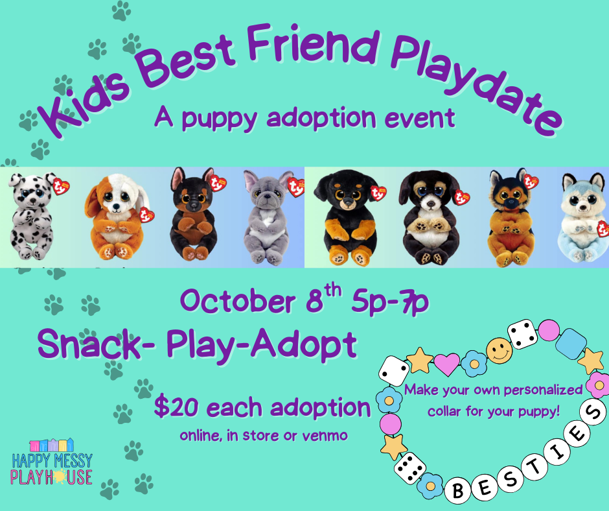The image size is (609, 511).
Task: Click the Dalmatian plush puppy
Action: [x=31, y=216]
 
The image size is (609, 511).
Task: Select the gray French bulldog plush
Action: [x=268, y=217]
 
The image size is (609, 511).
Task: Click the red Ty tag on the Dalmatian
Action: [x=61, y=186]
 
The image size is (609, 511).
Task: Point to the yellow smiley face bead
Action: [x=499, y=351]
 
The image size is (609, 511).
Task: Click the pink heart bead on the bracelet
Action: [x=446, y=364]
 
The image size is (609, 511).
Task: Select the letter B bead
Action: [x=458, y=491]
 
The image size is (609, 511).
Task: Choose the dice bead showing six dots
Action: [x=409, y=468]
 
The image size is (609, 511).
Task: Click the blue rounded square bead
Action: [x=571, y=344]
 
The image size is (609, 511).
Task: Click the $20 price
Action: [x=177, y=407]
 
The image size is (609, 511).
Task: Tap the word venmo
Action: [x=325, y=436]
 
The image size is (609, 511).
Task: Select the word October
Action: [x=237, y=302]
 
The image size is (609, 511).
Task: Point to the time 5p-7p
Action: [x=390, y=302]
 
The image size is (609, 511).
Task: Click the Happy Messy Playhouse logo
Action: [x=51, y=462]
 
